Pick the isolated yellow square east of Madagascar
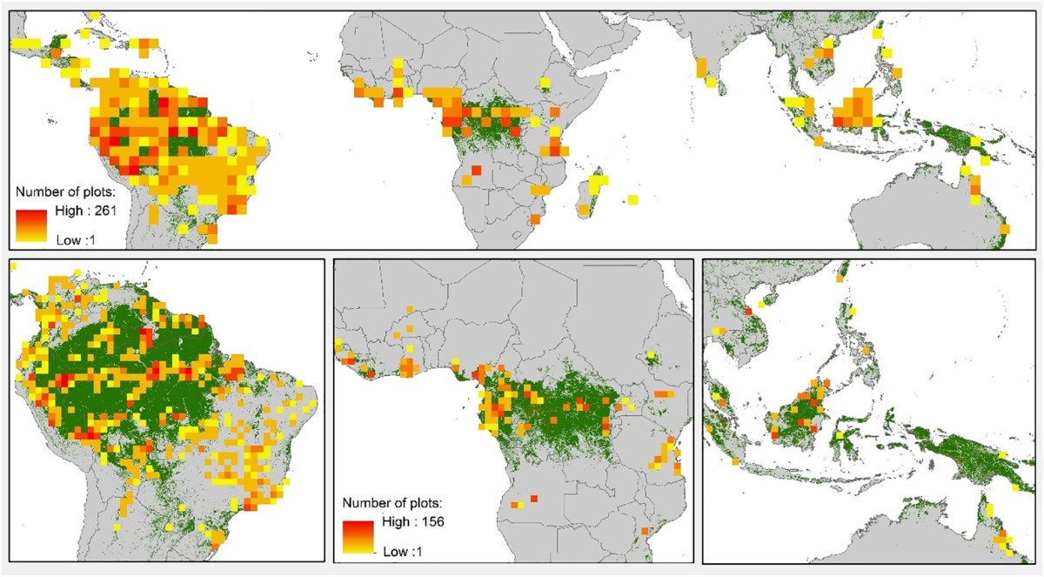click(x=632, y=200)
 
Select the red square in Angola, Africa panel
click(x=533, y=498)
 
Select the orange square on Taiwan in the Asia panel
click(x=840, y=279)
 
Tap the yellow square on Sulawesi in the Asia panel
click(x=840, y=434)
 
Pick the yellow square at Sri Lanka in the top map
click(x=712, y=84)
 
